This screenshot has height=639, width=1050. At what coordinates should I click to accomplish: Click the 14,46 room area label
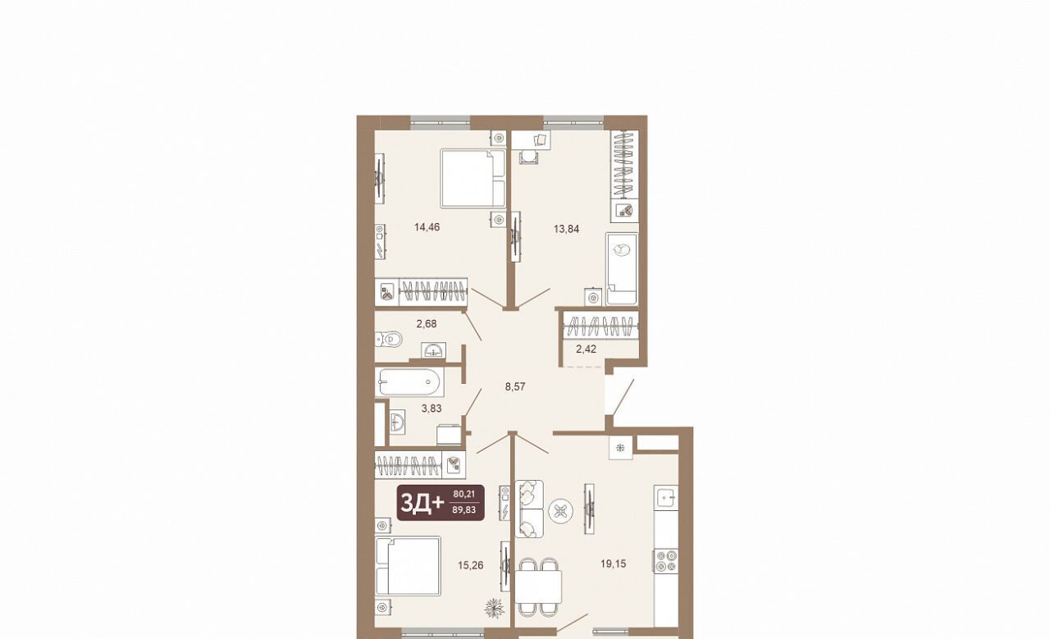pos(427,227)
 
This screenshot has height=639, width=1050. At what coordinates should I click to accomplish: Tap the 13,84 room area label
pos(566,229)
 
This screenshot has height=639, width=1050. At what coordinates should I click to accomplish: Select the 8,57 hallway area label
pos(514,387)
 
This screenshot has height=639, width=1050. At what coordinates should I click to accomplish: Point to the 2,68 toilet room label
pos(426,323)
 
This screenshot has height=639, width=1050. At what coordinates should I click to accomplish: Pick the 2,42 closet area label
pos(586,349)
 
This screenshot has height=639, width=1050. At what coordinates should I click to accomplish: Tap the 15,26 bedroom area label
pos(471,565)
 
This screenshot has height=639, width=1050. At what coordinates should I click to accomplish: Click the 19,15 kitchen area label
pos(613,564)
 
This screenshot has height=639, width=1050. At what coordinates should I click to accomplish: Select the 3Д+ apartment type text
pos(422,504)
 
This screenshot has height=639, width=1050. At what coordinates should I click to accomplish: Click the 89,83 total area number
pos(463,510)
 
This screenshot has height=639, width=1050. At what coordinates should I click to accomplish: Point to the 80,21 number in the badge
pos(463,494)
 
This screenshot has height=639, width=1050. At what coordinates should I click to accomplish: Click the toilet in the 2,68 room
pos(389,339)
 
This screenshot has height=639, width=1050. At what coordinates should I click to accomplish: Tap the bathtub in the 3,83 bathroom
pos(409,382)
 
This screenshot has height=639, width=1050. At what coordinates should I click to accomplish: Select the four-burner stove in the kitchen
pos(667,561)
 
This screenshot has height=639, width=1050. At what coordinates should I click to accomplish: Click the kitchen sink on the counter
pos(667,496)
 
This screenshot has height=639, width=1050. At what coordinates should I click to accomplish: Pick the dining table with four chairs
pos(538,587)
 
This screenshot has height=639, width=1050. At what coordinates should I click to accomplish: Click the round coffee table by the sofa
pos(560,512)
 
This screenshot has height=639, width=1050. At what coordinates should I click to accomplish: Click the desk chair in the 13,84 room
pos(529,157)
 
